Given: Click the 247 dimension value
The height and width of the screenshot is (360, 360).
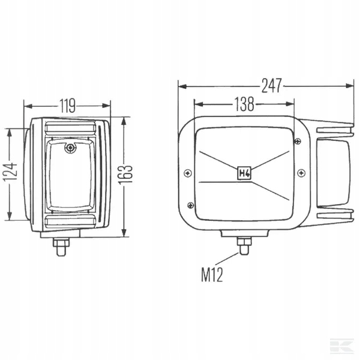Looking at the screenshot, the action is pos(272,86).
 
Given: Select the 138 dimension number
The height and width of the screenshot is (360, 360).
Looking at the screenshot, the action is pos(244,104).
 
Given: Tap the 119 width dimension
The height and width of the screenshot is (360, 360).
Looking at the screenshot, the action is pos(67,106).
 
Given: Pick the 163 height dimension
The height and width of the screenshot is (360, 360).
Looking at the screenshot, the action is pos(125,175).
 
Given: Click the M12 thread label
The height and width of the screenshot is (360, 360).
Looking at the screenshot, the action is pos(212,275).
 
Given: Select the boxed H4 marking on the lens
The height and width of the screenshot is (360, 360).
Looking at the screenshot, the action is pos(244,173).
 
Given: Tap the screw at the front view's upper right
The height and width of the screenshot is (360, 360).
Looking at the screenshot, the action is pos(298,141).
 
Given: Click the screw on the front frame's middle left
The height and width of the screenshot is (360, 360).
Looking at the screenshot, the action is pos(188,173).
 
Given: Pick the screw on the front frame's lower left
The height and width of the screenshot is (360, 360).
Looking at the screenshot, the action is pos(191,205).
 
